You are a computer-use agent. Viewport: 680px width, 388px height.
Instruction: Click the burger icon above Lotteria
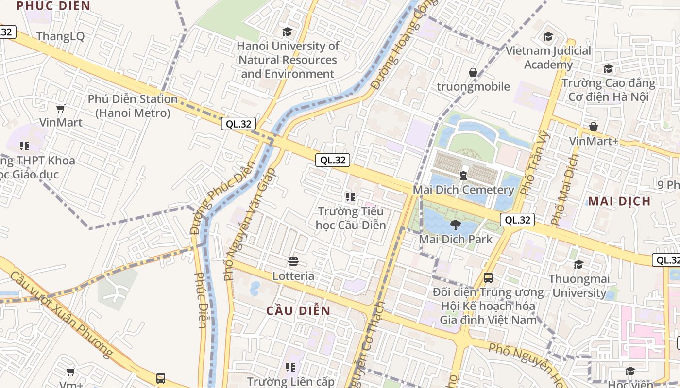pos(293,262)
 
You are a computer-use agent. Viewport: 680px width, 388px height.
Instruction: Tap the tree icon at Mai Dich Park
pos(455,225)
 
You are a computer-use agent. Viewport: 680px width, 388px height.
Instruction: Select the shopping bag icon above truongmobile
pos(473,73)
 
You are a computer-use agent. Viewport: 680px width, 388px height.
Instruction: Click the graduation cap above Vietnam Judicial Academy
pos(548,37)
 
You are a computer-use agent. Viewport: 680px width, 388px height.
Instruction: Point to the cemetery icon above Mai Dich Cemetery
pos(463,175)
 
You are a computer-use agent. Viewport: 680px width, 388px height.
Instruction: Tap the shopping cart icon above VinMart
pos(61,108)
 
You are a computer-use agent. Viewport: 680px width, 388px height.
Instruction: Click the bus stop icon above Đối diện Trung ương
pos(488,278)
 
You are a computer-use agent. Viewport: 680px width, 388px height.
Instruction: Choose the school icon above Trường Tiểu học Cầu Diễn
pos(351,197)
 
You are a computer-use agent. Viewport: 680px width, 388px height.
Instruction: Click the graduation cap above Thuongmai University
pos(578,265)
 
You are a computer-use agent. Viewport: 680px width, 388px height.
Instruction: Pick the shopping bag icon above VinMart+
pos(594,127)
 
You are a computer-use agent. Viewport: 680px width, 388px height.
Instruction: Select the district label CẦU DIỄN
pos(298,311)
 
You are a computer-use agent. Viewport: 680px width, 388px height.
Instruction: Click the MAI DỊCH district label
pos(619,201)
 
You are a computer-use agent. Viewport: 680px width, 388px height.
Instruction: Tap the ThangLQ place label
pos(60,36)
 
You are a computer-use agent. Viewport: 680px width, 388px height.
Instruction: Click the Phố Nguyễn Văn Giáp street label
pos(250,224)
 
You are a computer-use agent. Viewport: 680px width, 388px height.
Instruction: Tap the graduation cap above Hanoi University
pos(288,32)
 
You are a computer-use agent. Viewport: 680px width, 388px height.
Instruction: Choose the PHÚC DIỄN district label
pos(53,6)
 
